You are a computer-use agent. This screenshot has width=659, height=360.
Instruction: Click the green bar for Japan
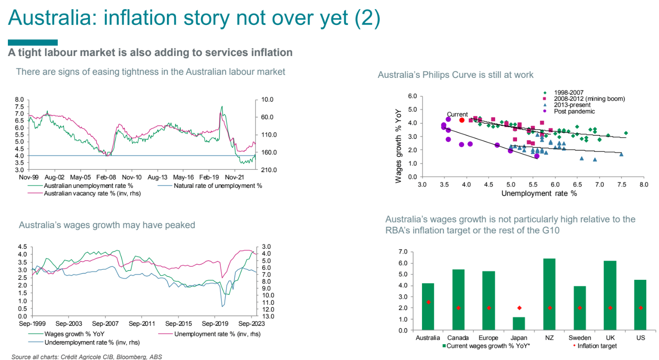519,324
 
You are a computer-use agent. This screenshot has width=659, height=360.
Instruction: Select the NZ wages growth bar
549,294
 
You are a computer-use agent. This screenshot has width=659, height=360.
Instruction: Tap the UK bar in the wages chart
610,295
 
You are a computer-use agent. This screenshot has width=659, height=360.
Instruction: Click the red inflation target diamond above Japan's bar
519,308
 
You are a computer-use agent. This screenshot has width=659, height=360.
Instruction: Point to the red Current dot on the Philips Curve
462,120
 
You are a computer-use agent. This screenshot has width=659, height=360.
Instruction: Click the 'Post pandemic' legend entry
574,111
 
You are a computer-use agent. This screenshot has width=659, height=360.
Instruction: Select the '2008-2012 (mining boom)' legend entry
589,99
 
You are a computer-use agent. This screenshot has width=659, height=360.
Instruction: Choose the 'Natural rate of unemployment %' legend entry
217,186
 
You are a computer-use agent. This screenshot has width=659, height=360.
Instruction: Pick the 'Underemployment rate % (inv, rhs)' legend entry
92,342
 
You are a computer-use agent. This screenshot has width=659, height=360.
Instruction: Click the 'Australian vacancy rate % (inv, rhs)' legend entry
92,193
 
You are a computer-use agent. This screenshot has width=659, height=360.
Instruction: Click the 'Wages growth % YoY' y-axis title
398,146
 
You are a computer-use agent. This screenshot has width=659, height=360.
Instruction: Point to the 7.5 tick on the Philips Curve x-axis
621,185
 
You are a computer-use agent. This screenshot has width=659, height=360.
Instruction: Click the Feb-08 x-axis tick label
106,177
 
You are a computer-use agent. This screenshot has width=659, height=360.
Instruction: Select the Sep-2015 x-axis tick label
178,324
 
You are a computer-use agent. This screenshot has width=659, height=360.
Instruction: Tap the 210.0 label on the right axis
269,170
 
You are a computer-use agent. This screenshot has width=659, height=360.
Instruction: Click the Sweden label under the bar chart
580,338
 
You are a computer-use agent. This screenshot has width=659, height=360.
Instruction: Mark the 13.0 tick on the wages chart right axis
268,316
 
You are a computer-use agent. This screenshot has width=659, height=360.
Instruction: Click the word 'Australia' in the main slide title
52,18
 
